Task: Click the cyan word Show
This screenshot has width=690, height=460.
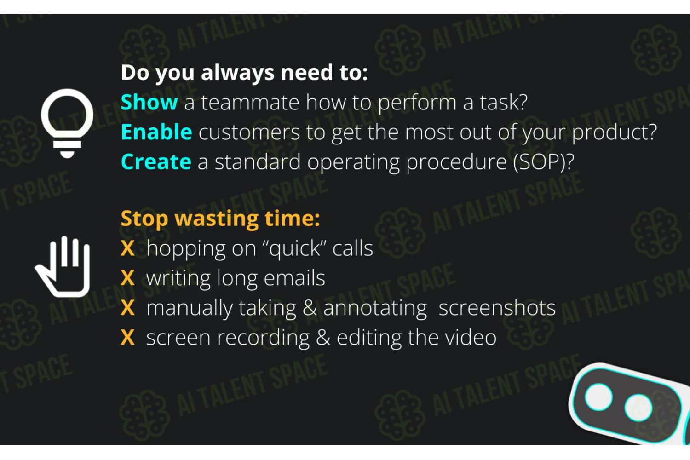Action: click(x=149, y=102)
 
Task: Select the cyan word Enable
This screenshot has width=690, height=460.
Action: click(x=156, y=132)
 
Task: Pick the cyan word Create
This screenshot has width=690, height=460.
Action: click(x=156, y=161)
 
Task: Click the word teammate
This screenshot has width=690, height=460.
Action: click(x=250, y=103)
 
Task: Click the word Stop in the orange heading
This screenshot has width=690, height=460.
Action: click(x=144, y=219)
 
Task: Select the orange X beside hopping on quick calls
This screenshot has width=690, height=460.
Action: click(x=127, y=248)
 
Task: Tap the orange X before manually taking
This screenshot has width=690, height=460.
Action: click(x=127, y=307)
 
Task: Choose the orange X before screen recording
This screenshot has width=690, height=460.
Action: click(x=127, y=337)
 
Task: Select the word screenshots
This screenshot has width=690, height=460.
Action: click(x=497, y=307)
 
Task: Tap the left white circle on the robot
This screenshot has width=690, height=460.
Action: click(x=598, y=397)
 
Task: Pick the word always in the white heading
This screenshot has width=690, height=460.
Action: click(x=237, y=73)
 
